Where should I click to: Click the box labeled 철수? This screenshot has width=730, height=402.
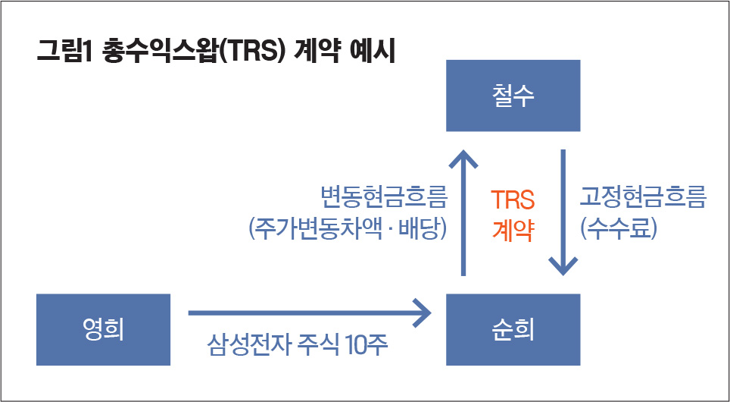(x=513, y=96)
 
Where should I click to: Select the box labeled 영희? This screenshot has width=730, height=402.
(x=103, y=330)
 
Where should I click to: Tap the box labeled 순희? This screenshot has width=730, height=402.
(x=513, y=330)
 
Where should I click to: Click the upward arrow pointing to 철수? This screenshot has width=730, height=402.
(x=463, y=212)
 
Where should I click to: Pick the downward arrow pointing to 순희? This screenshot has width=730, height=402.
(x=563, y=212)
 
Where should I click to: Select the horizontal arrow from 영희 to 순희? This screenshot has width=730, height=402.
(x=310, y=313)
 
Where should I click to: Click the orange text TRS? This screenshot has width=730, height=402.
(x=513, y=200)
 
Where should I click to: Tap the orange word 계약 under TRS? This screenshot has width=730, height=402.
(x=513, y=231)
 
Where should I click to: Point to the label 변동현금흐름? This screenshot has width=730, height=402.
(x=384, y=197)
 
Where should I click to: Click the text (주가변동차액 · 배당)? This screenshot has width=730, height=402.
(x=348, y=229)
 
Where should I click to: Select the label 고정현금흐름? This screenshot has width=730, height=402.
(x=643, y=197)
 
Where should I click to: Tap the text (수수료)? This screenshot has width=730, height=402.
(x=618, y=229)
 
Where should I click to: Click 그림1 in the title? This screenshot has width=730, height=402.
(x=66, y=52)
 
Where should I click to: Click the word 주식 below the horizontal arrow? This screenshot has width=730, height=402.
(x=316, y=347)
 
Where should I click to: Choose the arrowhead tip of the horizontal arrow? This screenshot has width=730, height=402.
(x=432, y=313)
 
